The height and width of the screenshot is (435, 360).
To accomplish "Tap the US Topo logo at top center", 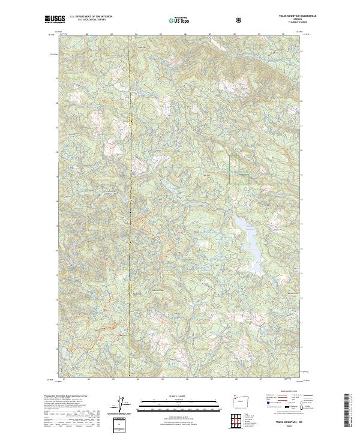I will point(172,20).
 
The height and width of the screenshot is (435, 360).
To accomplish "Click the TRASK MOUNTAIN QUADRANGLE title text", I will point(286,17).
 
